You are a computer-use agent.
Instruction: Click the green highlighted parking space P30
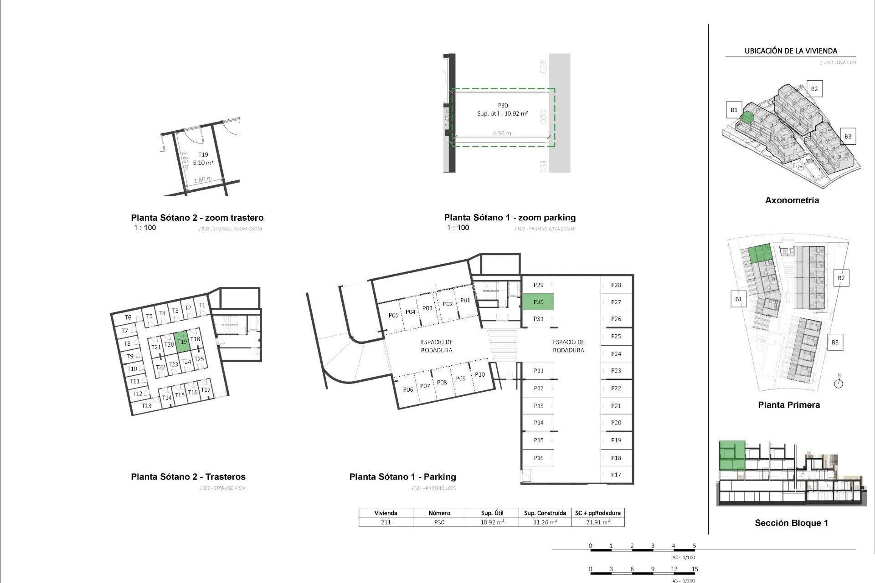(538, 302)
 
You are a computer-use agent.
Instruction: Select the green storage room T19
(182, 342)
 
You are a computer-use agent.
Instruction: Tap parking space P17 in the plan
(616, 475)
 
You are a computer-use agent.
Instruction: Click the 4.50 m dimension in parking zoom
(502, 133)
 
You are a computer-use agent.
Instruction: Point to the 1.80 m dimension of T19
(202, 179)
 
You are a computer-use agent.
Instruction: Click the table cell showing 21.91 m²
(598, 522)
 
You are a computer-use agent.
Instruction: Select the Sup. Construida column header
(545, 513)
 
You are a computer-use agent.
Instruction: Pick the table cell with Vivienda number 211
(386, 522)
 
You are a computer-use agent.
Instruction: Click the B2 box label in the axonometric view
(814, 89)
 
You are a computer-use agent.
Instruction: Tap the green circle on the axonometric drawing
(747, 118)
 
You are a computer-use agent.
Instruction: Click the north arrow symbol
(839, 383)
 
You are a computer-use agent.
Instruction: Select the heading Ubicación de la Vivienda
(791, 51)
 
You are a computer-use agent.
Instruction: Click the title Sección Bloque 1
(791, 523)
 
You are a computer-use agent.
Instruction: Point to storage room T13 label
(146, 406)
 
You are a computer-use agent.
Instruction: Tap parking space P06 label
(408, 389)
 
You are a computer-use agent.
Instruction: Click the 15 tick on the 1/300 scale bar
(695, 569)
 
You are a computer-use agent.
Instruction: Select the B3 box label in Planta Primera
(835, 343)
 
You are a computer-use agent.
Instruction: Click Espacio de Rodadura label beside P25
(568, 346)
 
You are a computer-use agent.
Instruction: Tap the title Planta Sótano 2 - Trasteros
(188, 477)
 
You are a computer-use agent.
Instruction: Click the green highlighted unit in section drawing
(732, 455)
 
